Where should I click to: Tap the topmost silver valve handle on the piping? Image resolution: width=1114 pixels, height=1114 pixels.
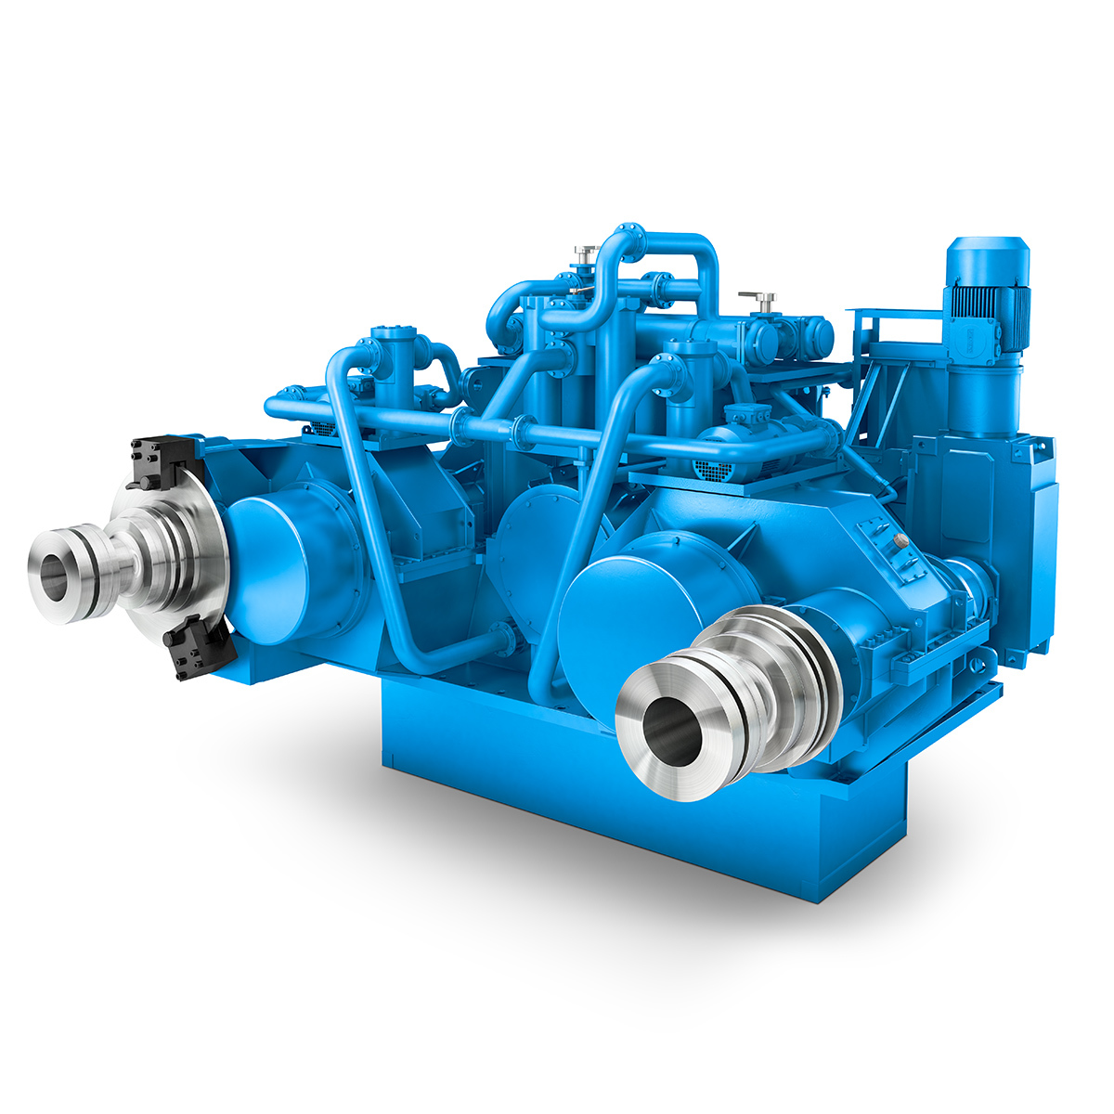[586, 251]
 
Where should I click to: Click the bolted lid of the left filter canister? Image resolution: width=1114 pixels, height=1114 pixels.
[391, 333]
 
